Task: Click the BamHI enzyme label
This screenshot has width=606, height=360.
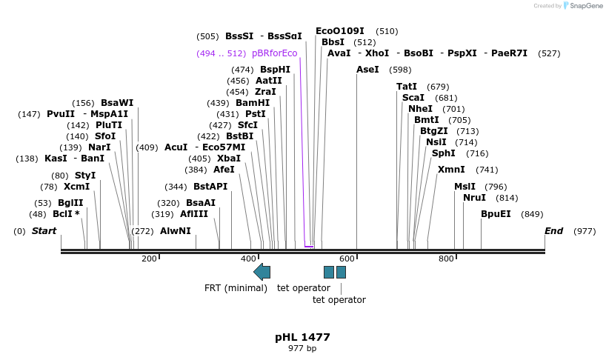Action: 253,103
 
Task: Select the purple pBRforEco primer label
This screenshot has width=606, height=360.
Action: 274,53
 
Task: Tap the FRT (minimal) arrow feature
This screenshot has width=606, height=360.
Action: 262,272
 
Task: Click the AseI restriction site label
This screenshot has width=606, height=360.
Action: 367,70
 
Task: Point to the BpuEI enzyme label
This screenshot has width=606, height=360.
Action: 496,214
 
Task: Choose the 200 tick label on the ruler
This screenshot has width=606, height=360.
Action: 149,259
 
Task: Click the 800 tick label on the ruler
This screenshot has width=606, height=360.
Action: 446,259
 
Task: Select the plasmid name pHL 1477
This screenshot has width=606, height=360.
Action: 302,337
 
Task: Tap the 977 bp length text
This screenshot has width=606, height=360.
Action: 302,349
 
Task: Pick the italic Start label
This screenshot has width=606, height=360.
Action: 44,231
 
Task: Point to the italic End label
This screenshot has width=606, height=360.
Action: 554,231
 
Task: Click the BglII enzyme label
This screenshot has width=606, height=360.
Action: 70,203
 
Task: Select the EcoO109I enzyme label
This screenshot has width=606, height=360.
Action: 340,31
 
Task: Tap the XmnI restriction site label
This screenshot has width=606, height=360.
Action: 450,170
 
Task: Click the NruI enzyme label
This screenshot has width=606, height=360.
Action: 474,198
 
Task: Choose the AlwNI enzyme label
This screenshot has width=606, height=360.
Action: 176,231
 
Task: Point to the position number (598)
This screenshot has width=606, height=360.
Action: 400,70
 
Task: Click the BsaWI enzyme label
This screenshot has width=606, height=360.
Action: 117,103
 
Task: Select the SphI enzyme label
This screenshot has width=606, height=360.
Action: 444,153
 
